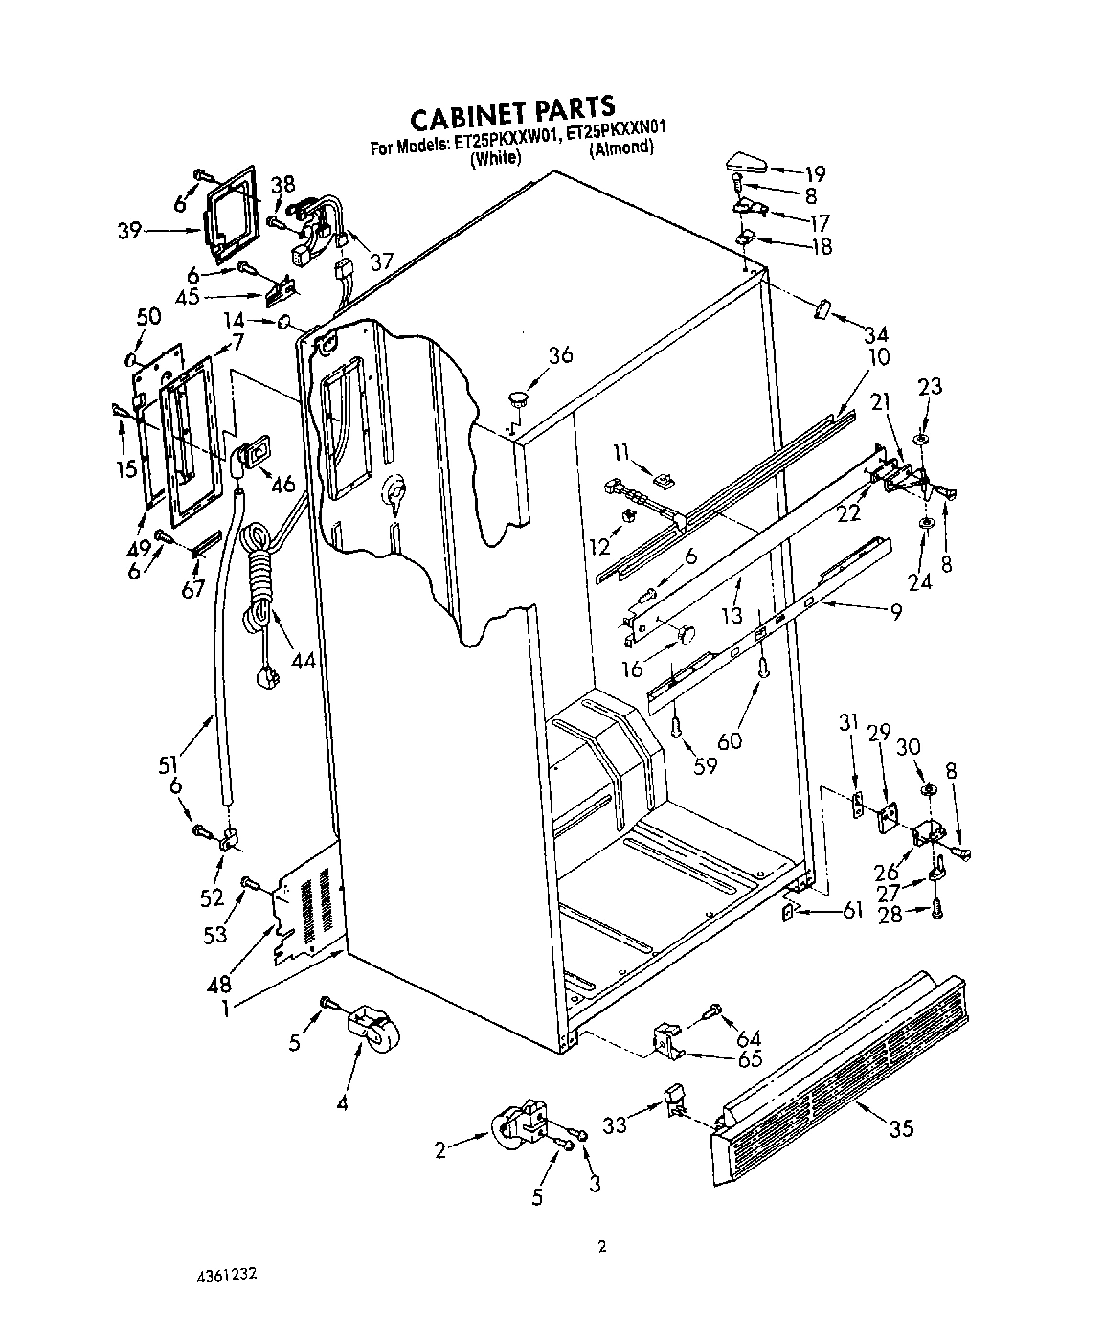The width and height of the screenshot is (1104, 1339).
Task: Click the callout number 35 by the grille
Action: point(900,1128)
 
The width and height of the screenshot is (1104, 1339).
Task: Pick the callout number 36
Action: point(560,355)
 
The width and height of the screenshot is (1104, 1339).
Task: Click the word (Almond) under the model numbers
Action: point(621,148)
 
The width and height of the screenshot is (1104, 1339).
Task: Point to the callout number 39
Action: point(131,231)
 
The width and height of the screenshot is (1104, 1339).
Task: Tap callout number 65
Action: point(750,1059)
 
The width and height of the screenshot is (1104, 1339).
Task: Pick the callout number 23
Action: point(929,387)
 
